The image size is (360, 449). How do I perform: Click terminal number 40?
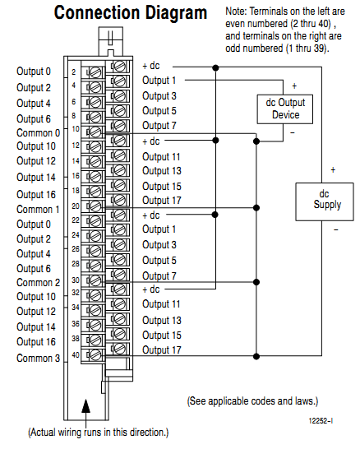[x=76, y=354]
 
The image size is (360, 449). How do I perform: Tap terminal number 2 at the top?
[x=74, y=73]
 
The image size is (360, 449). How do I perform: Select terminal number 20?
[x=76, y=206]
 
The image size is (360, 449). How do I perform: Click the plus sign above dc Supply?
[x=333, y=169]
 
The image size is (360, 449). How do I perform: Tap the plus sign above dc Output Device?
[x=294, y=85]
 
